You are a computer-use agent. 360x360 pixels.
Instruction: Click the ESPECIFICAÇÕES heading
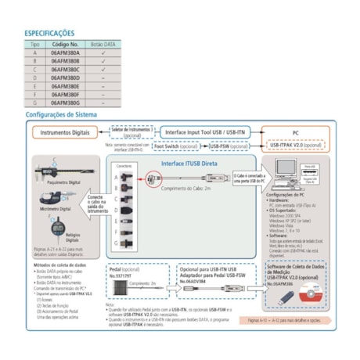click(x=52, y=34)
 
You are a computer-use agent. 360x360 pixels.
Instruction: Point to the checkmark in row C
click(x=102, y=70)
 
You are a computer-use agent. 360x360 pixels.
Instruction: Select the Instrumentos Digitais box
click(x=66, y=132)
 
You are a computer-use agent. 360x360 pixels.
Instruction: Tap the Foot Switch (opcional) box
click(x=178, y=146)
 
